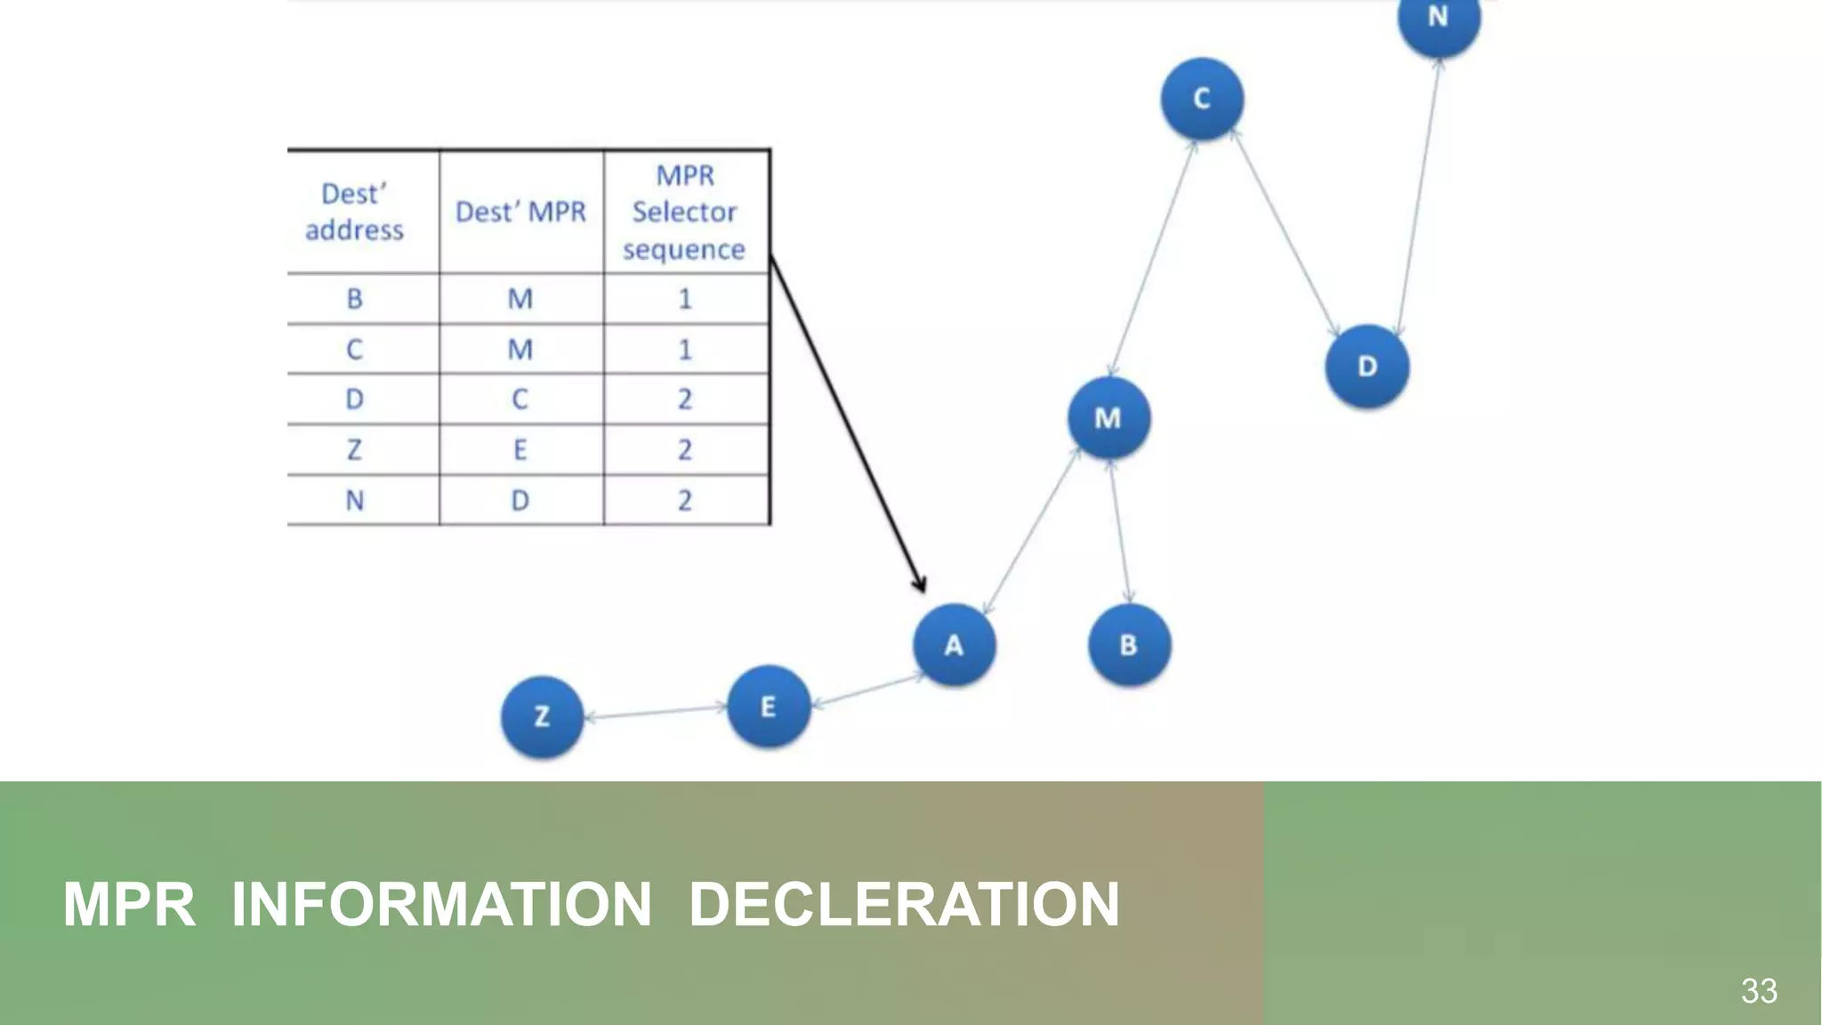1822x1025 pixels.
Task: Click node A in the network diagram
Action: pyautogui.click(x=954, y=645)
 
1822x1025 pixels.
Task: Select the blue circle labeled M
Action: pyautogui.click(x=1109, y=418)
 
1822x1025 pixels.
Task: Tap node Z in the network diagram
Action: pyautogui.click(x=542, y=717)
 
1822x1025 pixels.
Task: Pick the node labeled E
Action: pyautogui.click(x=769, y=707)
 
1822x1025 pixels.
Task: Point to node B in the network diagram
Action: pyautogui.click(x=1129, y=645)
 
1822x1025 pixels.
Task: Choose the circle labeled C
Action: pyautogui.click(x=1202, y=99)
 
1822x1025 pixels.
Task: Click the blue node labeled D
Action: pyautogui.click(x=1367, y=367)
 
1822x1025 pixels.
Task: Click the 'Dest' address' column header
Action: pyautogui.click(x=355, y=213)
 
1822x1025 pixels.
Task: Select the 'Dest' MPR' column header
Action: pyautogui.click(x=520, y=213)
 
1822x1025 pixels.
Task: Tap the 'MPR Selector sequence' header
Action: pyautogui.click(x=684, y=213)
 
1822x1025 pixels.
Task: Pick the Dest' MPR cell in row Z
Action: pyautogui.click(x=520, y=450)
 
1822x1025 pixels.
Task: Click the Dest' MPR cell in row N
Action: pyautogui.click(x=520, y=501)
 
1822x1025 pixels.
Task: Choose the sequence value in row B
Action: pyautogui.click(x=684, y=299)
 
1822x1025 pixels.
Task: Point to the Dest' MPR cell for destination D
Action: pyautogui.click(x=520, y=400)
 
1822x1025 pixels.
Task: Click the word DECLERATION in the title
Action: pyautogui.click(x=904, y=905)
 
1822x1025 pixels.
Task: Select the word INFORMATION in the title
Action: pyautogui.click(x=441, y=905)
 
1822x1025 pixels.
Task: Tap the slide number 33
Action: pyautogui.click(x=1759, y=990)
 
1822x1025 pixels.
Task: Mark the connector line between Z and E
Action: pyautogui.click(x=656, y=712)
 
